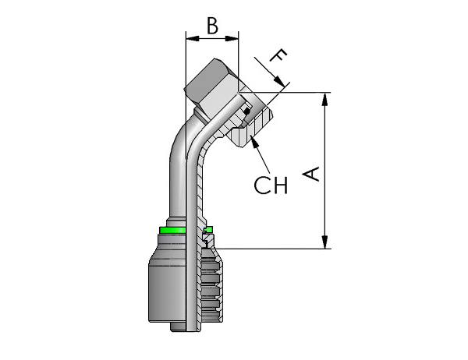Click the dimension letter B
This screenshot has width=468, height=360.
coord(212,26)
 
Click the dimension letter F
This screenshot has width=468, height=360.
coord(278,55)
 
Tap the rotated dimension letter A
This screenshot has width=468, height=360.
coord(311,174)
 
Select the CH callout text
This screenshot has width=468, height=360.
coord(271,185)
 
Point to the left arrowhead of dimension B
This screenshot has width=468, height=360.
coord(192,38)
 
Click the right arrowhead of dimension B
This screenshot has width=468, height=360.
coord(232,38)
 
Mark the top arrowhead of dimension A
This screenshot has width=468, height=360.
coord(324,99)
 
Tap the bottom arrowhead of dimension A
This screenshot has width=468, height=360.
coord(324,242)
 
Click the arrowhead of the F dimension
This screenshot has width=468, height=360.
coord(279,81)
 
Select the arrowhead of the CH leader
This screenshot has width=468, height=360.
coord(254,141)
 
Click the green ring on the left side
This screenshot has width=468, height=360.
coord(172,230)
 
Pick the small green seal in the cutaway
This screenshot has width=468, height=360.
coord(208,229)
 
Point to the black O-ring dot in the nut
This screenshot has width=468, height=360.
coord(246,112)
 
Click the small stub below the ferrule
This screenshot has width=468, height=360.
coord(178,326)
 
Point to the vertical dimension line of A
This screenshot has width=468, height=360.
coord(324,171)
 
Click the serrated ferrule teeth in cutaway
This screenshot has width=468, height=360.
coord(211,285)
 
